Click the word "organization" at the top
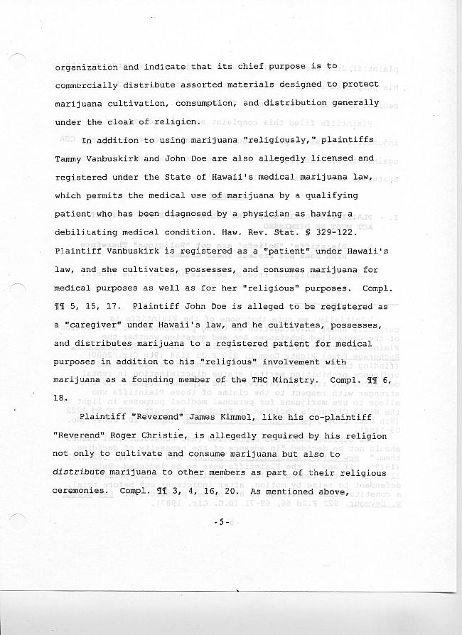point(86,67)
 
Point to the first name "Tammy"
point(68,158)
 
